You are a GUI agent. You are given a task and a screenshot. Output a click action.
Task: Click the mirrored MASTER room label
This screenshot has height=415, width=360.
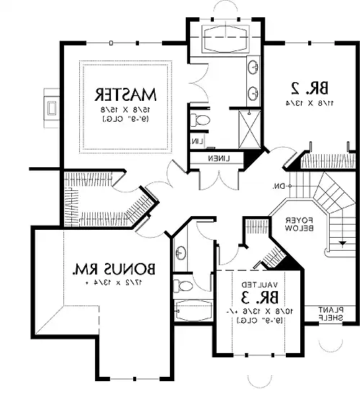pyautogui.click(x=127, y=94)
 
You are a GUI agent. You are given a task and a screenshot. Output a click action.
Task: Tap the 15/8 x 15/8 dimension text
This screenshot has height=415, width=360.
pyautogui.click(x=127, y=107)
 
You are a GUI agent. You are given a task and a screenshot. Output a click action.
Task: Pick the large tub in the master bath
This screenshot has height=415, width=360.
pyautogui.click(x=223, y=37)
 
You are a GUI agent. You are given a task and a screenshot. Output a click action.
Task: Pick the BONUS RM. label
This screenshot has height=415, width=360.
pyautogui.click(x=115, y=271)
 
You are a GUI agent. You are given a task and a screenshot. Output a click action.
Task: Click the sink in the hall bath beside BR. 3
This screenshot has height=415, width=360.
pyautogui.click(x=179, y=252)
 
